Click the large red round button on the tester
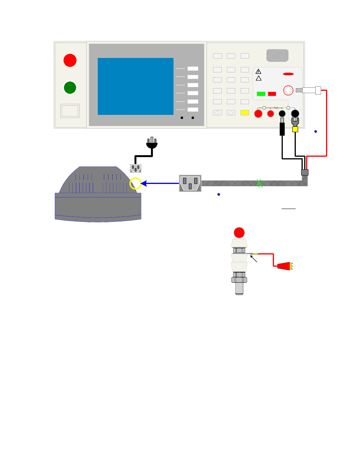pos(70,60)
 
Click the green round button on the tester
pos(70,87)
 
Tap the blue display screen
pos(136,86)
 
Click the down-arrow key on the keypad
pos(217,113)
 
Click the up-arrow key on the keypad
pos(231,113)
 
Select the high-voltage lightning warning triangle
pos(258,71)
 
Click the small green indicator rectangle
pos(261,93)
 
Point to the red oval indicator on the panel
pos(289,74)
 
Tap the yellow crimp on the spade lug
pos(295,130)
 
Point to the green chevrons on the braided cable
pos(260,183)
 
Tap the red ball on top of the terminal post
pos(239,232)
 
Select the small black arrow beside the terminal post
pos(253,259)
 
